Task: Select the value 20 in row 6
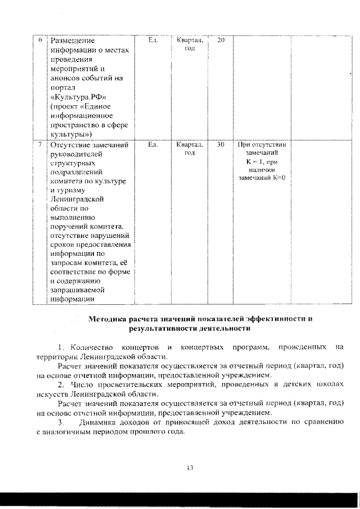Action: coord(221,40)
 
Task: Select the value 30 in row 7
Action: coord(221,145)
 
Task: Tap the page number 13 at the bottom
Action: coord(190,467)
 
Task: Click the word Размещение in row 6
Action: coord(73,40)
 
